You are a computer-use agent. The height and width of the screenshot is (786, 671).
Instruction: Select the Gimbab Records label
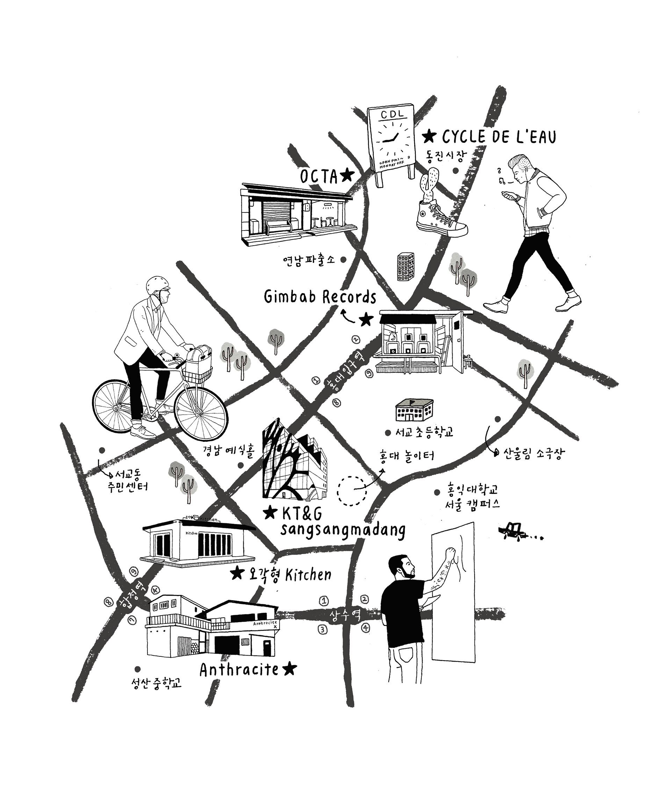[x=319, y=297]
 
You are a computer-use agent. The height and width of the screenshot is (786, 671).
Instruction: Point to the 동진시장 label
[x=445, y=155]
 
